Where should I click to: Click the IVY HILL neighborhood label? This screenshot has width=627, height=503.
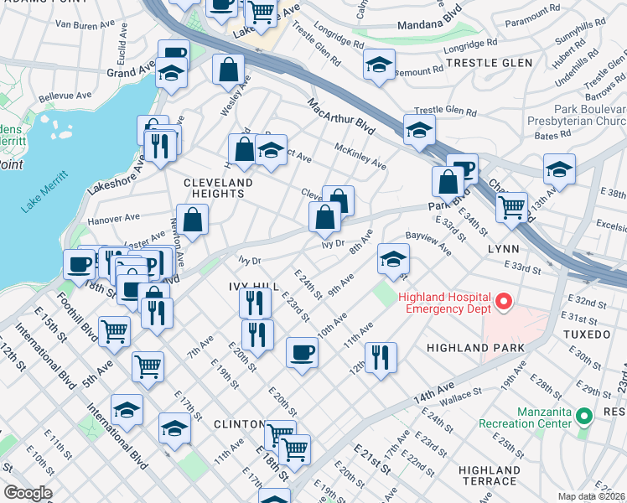click(251, 286)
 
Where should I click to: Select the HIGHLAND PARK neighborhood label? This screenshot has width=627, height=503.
click(474, 347)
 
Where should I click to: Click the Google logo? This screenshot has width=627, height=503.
click(27, 493)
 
